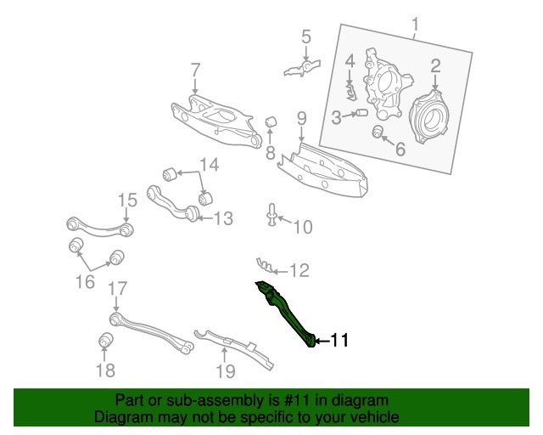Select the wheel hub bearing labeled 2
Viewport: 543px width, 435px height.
[431, 117]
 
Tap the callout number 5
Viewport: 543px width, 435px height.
[305, 37]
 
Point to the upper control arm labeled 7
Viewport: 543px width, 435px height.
[212, 118]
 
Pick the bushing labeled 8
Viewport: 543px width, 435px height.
[273, 123]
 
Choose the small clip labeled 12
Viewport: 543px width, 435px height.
[266, 265]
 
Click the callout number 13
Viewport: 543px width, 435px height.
[221, 219]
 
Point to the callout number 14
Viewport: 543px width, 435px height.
[209, 164]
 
